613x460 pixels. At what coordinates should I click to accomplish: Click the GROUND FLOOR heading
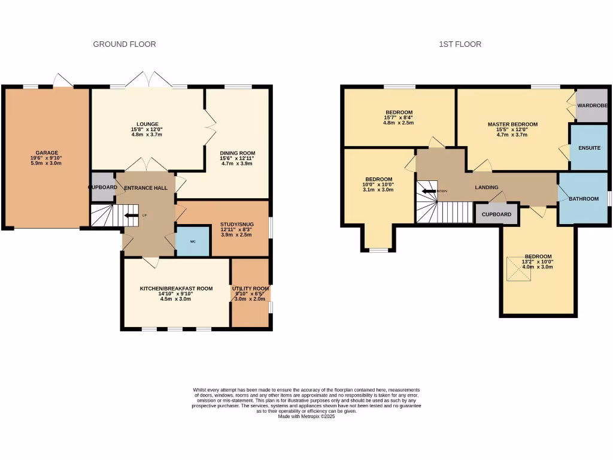coord(125,44)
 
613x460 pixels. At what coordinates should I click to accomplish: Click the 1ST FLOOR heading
coord(460,44)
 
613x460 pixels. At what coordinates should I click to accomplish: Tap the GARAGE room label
coord(47,153)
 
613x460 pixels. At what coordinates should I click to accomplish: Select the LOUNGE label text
coord(147,124)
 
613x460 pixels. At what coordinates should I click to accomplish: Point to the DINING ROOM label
coord(237,153)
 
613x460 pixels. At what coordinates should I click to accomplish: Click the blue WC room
coord(193,241)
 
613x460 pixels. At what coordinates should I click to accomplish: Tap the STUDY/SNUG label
coord(237,225)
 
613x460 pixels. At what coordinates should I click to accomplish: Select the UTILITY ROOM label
coord(251,289)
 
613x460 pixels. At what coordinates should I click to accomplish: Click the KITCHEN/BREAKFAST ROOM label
coord(177,289)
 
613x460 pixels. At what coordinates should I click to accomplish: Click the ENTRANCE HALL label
coord(146,188)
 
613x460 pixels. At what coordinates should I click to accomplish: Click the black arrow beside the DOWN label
coord(429,191)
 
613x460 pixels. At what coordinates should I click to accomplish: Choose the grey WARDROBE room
coord(592,105)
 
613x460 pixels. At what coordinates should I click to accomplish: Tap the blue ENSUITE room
coord(589,147)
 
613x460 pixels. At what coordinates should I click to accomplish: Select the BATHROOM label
coord(584,199)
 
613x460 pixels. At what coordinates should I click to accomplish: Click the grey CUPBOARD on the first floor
coord(496,214)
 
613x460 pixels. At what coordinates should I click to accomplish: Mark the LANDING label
coord(487,187)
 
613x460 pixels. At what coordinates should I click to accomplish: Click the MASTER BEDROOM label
coord(512,125)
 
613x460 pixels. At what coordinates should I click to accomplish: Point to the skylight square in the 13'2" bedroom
coord(519,269)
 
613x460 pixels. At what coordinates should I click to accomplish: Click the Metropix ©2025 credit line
coord(306,417)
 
